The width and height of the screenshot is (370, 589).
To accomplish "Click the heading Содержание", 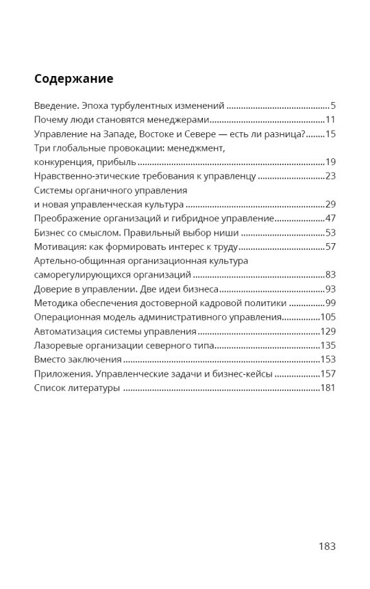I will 73,78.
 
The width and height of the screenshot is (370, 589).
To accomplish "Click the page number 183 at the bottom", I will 327,547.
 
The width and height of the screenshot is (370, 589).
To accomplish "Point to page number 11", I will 330,120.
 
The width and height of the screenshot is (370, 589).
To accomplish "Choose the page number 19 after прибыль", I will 330,162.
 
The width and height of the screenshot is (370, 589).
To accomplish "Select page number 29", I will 330,205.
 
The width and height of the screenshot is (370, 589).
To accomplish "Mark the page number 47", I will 330,218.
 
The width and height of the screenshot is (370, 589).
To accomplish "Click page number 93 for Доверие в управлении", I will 330,289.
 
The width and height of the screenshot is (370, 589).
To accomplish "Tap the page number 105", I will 328,317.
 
